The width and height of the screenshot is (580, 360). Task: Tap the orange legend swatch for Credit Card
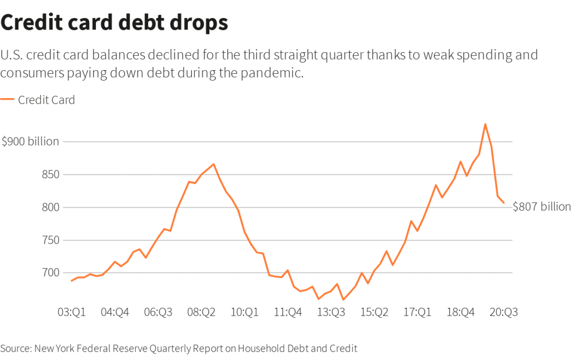pyautogui.click(x=7, y=99)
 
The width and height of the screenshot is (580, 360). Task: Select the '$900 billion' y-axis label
pyautogui.click(x=30, y=142)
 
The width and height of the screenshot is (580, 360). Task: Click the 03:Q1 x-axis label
pyautogui.click(x=72, y=312)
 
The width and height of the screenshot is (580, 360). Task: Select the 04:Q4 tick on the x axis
pyautogui.click(x=115, y=312)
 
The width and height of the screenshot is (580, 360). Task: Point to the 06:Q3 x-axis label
pyautogui.click(x=158, y=312)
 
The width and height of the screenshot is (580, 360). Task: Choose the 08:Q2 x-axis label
pyautogui.click(x=201, y=312)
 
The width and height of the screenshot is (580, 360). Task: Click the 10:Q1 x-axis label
pyautogui.click(x=245, y=312)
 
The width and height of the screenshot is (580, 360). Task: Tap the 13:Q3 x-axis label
pyautogui.click(x=331, y=312)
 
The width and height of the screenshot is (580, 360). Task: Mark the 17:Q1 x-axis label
pyautogui.click(x=417, y=312)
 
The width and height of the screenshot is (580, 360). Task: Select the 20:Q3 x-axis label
pyautogui.click(x=504, y=312)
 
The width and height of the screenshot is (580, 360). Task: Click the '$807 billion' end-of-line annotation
pyautogui.click(x=542, y=207)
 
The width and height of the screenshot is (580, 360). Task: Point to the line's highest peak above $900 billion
pyautogui.click(x=485, y=124)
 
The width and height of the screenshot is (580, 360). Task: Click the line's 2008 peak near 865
pyautogui.click(x=214, y=164)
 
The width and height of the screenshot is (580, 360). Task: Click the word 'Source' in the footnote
pyautogui.click(x=15, y=348)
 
